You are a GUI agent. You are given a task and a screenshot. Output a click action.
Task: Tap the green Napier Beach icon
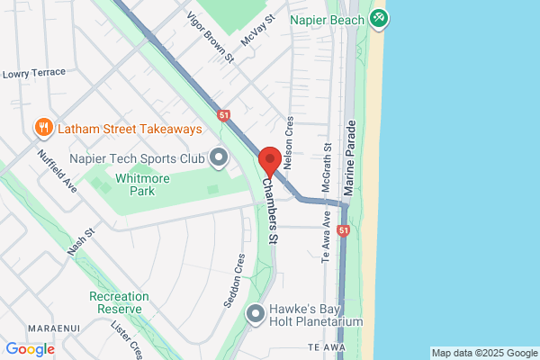click(379, 18)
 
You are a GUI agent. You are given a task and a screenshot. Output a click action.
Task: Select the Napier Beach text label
click(327, 19)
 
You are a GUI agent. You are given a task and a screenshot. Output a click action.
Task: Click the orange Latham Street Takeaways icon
click(41, 129)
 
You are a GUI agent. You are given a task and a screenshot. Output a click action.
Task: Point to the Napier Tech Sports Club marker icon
click(219, 158)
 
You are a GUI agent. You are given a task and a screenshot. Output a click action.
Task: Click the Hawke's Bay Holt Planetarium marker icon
click(256, 313)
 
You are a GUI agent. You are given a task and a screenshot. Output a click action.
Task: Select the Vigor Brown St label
click(210, 37)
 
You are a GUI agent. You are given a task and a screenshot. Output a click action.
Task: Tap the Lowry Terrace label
click(34, 73)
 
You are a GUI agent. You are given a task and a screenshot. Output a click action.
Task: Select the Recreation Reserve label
click(115, 302)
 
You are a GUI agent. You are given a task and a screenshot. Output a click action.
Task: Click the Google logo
click(30, 349)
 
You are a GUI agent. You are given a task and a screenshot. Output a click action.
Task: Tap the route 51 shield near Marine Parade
click(344, 231)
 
